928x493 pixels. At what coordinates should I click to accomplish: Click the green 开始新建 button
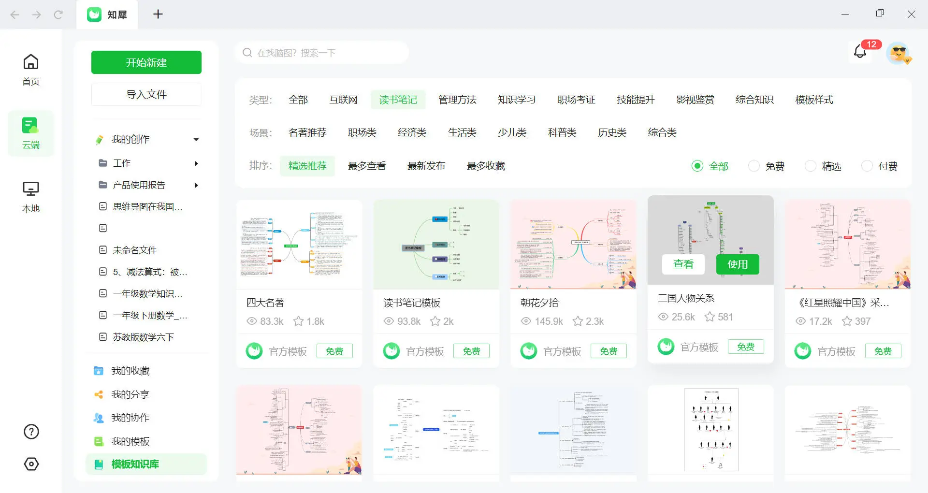[x=146, y=62]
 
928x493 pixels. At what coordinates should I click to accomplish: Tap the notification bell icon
[x=860, y=52]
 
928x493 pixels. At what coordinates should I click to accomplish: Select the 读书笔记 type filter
[x=398, y=100]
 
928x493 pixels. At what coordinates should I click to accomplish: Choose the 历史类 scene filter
[x=612, y=132]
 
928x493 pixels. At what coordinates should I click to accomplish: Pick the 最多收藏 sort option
[x=485, y=166]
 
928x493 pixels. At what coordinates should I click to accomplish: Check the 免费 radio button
[x=754, y=166]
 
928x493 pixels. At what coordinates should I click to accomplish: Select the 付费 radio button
[x=867, y=166]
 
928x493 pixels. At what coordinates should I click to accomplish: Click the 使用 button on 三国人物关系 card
[x=737, y=264]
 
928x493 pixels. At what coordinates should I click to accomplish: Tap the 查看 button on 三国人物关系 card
[x=683, y=264]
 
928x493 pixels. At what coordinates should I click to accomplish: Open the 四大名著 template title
[x=265, y=303]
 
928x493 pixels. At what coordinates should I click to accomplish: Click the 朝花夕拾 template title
[x=539, y=303]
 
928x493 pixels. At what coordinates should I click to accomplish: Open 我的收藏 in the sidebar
[x=130, y=371]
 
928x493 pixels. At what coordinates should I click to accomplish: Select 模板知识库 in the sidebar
[x=135, y=464]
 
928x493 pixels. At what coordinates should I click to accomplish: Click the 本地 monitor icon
[x=31, y=189]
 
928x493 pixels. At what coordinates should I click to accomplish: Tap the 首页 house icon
[x=31, y=62]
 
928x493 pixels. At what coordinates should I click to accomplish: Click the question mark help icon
[x=31, y=432]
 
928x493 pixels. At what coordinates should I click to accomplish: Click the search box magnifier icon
[x=247, y=53]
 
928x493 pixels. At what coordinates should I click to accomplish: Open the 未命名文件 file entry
[x=134, y=250]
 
